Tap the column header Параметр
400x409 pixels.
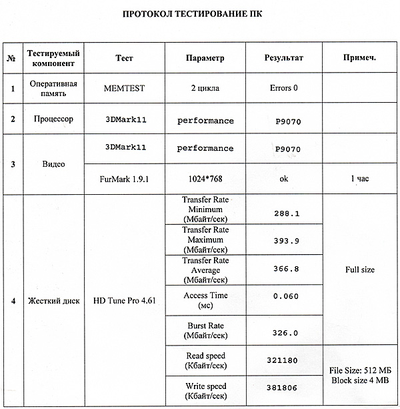pyautogui.click(x=205, y=58)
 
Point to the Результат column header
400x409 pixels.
pyautogui.click(x=284, y=58)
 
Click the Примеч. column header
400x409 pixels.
pyautogui.click(x=360, y=58)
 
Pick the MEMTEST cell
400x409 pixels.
pyautogui.click(x=124, y=88)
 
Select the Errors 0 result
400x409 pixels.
pyautogui.click(x=284, y=88)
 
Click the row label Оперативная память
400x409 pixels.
pyautogui.click(x=54, y=88)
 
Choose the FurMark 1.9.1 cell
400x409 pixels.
pyautogui.click(x=124, y=179)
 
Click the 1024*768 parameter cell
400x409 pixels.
pyautogui.click(x=205, y=179)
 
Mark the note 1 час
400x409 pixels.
pyautogui.click(x=360, y=179)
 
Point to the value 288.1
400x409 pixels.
pyautogui.click(x=287, y=214)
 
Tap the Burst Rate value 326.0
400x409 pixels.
pyautogui.click(x=287, y=332)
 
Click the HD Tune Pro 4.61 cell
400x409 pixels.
pyautogui.click(x=124, y=300)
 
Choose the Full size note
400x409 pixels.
pyautogui.click(x=360, y=270)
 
